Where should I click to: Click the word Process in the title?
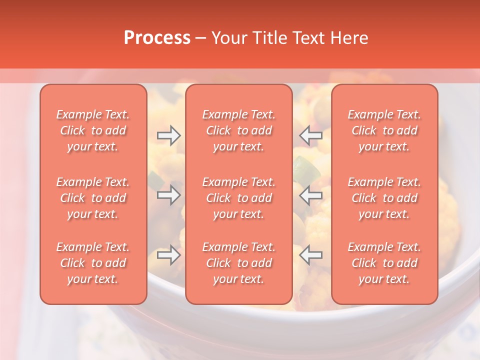coord(157,38)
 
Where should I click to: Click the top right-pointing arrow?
coord(168,135)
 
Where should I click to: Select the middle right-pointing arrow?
coord(168,195)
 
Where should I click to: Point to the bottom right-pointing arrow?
coord(168,255)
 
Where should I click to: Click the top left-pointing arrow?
coord(311,135)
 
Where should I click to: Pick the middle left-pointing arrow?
coord(311,195)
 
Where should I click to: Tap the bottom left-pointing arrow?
coord(311,255)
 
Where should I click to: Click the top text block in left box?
coord(93,130)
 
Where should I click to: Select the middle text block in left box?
coord(93,198)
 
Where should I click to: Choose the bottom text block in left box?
coord(93,263)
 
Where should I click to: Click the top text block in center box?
coord(238,130)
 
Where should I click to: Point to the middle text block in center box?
coord(238,198)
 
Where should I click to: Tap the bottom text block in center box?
coord(238,263)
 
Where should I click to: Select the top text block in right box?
coord(384,130)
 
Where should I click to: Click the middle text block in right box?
coord(384,198)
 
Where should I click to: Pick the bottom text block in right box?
coord(384,263)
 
